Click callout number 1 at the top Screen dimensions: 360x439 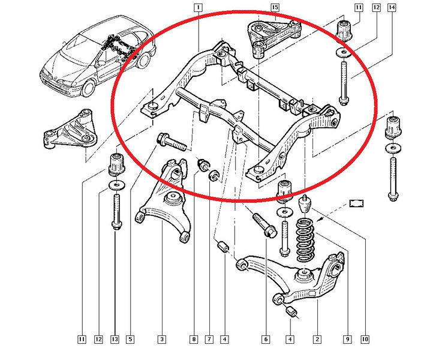click(x=198, y=7)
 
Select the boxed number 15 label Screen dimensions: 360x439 click(x=275, y=7)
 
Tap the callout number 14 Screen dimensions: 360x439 click(x=392, y=7)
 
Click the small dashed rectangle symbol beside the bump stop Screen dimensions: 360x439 click(x=358, y=202)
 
